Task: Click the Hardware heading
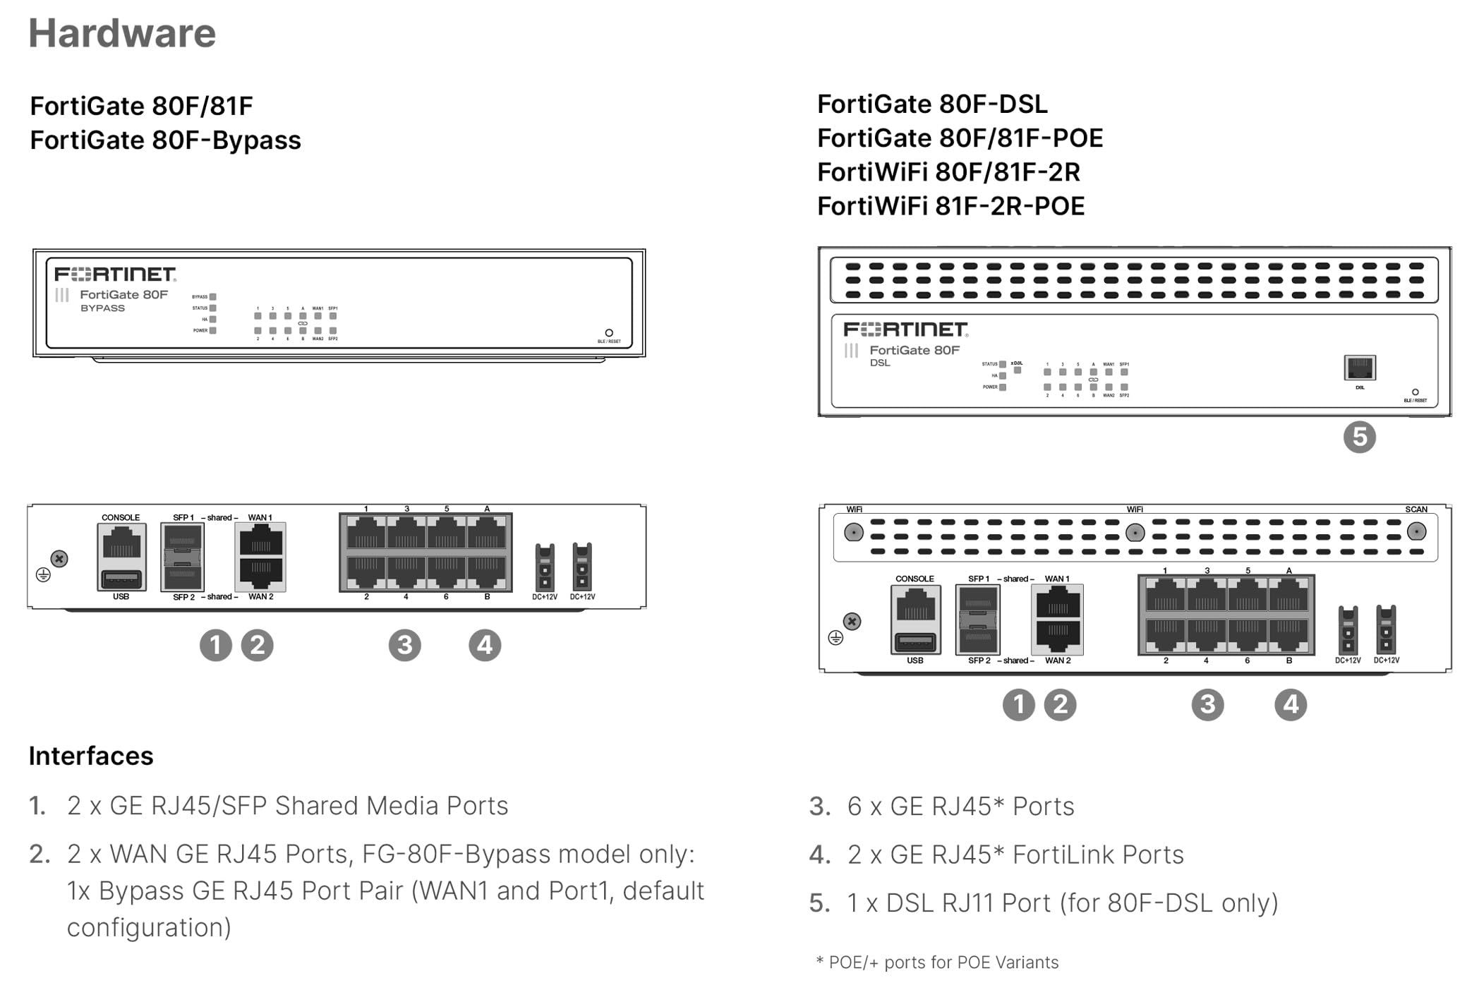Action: (x=122, y=33)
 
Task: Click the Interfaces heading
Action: (x=91, y=756)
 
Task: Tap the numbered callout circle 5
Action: (x=1359, y=437)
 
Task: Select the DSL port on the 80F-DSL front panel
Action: (x=1359, y=368)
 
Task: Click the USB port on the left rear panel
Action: (x=121, y=580)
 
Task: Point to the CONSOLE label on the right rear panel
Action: (x=914, y=579)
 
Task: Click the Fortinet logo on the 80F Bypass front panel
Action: (x=115, y=274)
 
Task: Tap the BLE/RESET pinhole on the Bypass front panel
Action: (x=609, y=332)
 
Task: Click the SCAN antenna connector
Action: (x=1416, y=531)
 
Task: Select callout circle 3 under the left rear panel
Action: (x=404, y=645)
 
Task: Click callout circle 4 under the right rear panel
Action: (x=1290, y=704)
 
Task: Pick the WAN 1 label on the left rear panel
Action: (x=260, y=517)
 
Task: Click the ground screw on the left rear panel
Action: (x=60, y=559)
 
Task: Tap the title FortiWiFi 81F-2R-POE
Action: (x=950, y=206)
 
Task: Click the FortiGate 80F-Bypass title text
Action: (x=165, y=140)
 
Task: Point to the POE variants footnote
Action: (x=937, y=962)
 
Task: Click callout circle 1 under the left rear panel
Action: (x=215, y=645)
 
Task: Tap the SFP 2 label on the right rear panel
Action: (x=979, y=660)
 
